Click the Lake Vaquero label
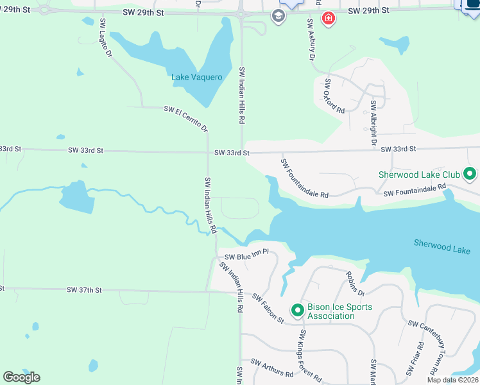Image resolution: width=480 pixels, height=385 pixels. [197, 78]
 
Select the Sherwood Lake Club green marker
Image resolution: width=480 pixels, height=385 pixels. [470, 174]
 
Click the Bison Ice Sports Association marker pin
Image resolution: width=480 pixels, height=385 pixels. [297, 311]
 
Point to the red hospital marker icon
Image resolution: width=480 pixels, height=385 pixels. [329, 18]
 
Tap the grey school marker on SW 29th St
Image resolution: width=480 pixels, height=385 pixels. [278, 16]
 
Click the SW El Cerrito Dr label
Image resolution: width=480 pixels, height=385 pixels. [186, 119]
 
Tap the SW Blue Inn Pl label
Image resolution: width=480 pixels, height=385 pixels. [246, 256]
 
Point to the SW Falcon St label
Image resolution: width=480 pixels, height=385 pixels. [268, 308]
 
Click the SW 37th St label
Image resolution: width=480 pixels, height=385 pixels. [84, 290]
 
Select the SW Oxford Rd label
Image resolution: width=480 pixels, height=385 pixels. [334, 96]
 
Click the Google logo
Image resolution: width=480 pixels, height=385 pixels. [21, 377]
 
